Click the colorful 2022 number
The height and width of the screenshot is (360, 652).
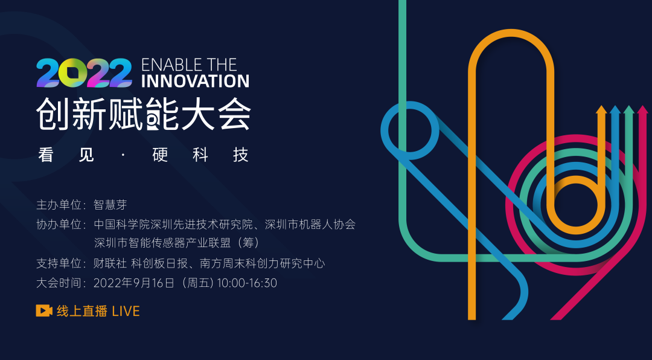(84, 73)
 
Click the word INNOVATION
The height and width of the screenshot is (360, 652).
(195, 81)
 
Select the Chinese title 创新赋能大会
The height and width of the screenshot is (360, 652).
(144, 114)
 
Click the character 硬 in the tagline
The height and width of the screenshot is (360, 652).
(160, 155)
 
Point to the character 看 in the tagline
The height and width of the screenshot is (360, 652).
(45, 155)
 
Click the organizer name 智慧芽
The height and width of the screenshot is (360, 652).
(110, 205)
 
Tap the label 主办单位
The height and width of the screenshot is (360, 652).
(59, 205)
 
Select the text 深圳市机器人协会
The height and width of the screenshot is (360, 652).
(310, 225)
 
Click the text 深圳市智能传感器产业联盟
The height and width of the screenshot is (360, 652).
(162, 243)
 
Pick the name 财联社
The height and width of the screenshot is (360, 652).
(110, 263)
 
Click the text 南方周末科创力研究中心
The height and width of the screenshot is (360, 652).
(263, 263)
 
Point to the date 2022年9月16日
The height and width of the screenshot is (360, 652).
(134, 283)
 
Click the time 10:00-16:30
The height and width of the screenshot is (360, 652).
(247, 283)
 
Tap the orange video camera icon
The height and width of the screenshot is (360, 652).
(44, 311)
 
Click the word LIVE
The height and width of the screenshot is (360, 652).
(126, 311)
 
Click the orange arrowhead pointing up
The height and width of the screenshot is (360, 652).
(601, 110)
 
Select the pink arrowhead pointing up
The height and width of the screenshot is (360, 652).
(642, 110)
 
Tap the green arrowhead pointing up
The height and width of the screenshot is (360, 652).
(628, 110)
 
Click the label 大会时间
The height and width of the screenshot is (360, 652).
(59, 283)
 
